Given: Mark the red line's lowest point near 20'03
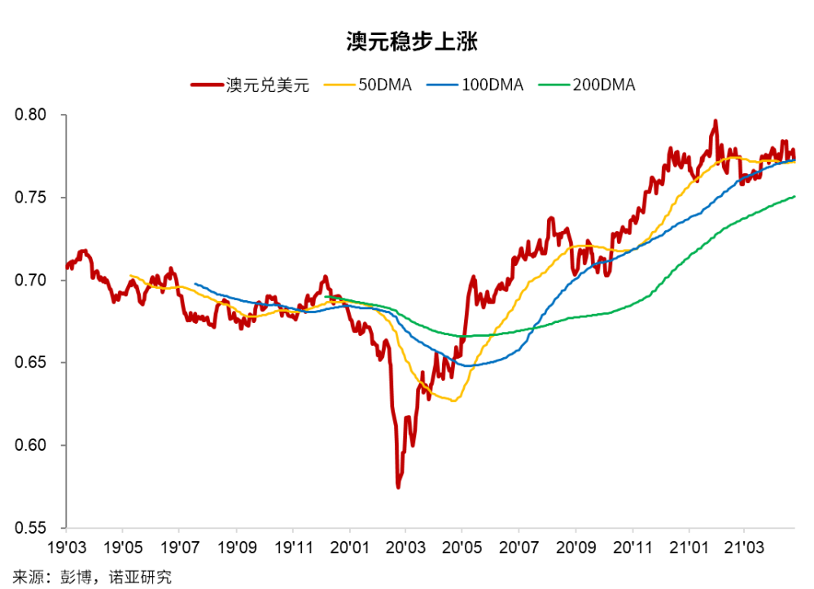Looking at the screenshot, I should [x=398, y=486].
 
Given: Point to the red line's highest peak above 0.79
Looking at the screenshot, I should [x=715, y=121].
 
